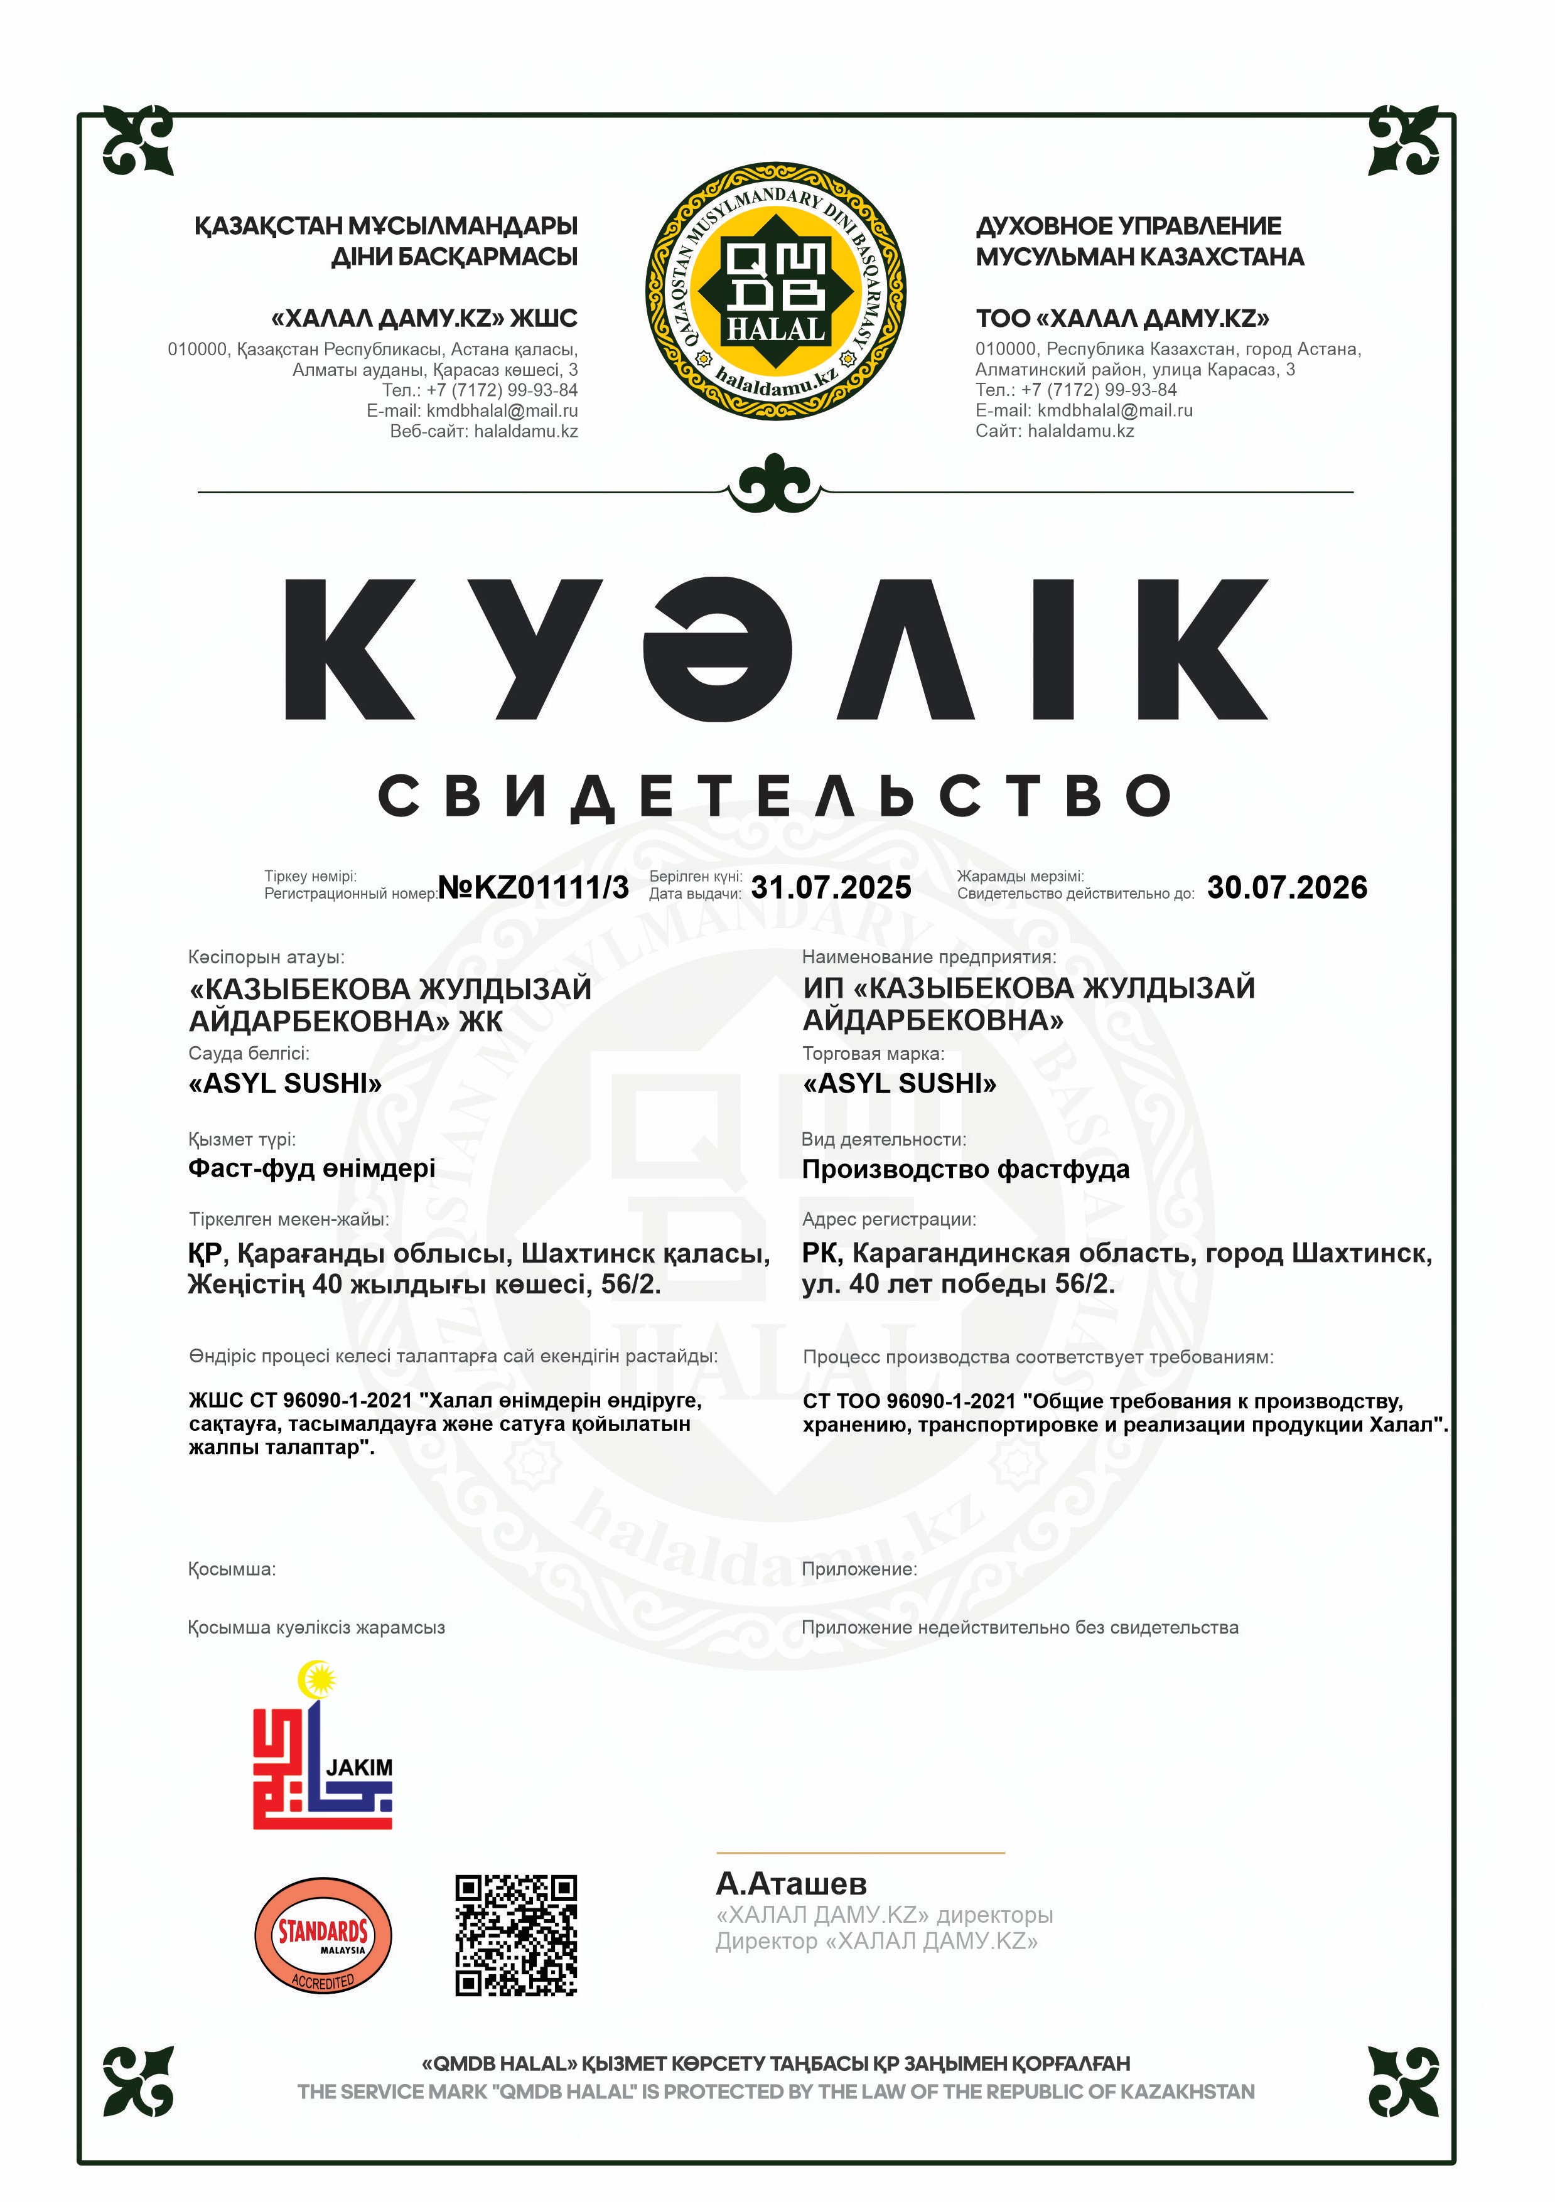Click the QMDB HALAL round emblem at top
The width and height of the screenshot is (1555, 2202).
tap(776, 291)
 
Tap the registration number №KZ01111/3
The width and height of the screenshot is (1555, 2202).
tap(534, 887)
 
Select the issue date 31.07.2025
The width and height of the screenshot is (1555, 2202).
tap(831, 887)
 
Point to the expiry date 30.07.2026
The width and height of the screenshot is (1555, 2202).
tap(1286, 887)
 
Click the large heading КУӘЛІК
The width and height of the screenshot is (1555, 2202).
tap(776, 649)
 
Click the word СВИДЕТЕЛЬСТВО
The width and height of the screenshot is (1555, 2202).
tap(776, 796)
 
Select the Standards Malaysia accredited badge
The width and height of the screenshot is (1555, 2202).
tap(323, 1935)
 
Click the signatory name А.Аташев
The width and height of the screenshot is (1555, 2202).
tap(792, 1884)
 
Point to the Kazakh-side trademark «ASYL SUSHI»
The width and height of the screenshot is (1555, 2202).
tap(285, 1084)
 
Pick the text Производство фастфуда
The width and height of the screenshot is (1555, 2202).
tap(965, 1169)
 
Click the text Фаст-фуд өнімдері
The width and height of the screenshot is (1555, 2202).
tap(312, 1168)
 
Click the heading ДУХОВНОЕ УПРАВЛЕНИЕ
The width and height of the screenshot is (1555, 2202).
tap(1128, 227)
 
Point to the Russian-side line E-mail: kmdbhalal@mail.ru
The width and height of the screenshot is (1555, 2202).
tap(1084, 410)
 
